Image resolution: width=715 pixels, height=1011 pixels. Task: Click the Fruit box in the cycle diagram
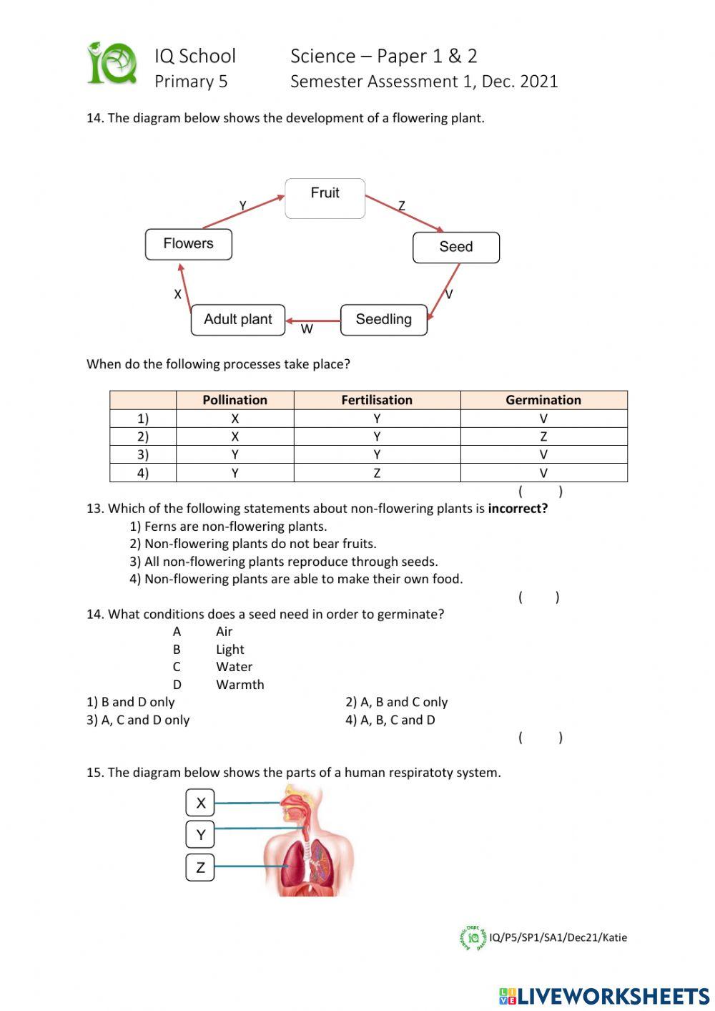(325, 198)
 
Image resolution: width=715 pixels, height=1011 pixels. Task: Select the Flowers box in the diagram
(188, 244)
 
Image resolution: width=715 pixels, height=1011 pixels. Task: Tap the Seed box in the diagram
(455, 247)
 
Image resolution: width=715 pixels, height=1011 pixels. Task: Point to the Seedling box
(383, 319)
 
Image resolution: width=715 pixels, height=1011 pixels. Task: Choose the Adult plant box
(237, 319)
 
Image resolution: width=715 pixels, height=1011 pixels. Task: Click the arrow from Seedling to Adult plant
(313, 321)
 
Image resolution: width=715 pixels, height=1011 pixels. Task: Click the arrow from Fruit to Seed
(404, 213)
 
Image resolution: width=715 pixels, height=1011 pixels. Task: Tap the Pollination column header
(235, 400)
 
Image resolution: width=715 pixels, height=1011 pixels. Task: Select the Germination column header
(543, 400)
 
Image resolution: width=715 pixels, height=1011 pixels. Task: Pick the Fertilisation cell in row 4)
(377, 473)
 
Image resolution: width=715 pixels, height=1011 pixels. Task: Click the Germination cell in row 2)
(543, 436)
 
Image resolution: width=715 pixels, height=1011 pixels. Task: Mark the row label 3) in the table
(143, 454)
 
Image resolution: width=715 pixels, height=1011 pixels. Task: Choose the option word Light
(230, 649)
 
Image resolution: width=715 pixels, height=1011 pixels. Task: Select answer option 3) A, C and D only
(138, 720)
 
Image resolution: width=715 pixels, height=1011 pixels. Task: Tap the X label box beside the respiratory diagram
(200, 803)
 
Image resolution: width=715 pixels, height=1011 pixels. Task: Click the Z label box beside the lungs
(200, 867)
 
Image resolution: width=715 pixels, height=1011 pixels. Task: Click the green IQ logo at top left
(112, 64)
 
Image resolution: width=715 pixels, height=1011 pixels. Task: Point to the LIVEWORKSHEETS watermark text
(613, 996)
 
